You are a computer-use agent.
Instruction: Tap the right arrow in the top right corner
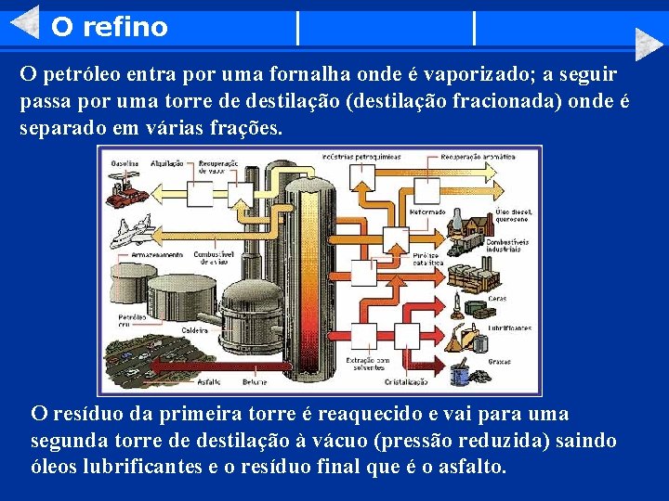(x=649, y=43)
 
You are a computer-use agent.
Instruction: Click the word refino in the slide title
(x=125, y=27)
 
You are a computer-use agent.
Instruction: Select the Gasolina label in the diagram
(x=125, y=161)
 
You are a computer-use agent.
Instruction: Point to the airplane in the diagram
(x=129, y=229)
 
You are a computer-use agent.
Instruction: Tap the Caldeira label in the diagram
(x=196, y=329)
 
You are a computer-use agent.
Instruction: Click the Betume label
(x=256, y=380)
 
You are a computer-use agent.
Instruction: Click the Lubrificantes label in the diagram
(x=512, y=328)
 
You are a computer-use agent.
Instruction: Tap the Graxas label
(x=500, y=361)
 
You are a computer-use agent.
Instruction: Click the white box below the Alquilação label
(x=200, y=193)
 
